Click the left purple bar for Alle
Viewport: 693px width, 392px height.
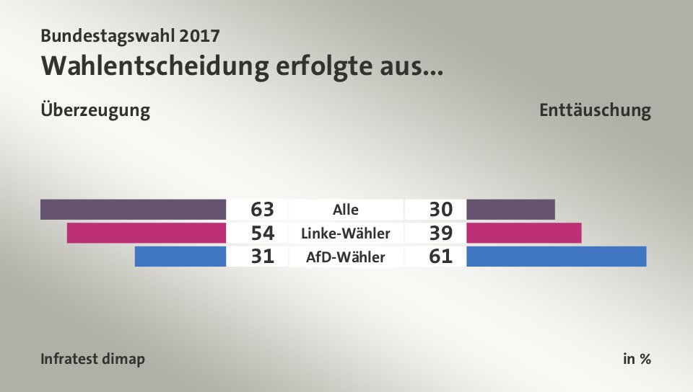click(134, 210)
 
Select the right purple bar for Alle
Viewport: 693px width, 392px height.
click(511, 210)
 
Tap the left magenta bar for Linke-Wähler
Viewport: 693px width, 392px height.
click(147, 233)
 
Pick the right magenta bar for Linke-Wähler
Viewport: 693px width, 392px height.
click(524, 233)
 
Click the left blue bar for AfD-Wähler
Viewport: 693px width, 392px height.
click(180, 257)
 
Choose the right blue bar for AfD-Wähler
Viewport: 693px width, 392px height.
click(557, 257)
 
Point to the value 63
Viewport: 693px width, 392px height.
click(263, 210)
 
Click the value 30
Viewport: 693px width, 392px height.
click(440, 210)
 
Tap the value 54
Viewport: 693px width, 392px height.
click(263, 233)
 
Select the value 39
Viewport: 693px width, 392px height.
click(440, 233)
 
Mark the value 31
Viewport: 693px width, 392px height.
click(263, 257)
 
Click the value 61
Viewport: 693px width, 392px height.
click(440, 257)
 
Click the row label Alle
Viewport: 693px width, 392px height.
click(346, 210)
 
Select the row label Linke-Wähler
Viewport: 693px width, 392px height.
click(346, 233)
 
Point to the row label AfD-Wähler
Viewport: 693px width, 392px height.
click(346, 257)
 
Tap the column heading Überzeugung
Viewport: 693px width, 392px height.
click(96, 111)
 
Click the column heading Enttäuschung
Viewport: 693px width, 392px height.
click(595, 111)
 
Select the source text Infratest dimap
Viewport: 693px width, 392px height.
click(92, 359)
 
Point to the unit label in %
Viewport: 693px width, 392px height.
click(637, 359)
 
